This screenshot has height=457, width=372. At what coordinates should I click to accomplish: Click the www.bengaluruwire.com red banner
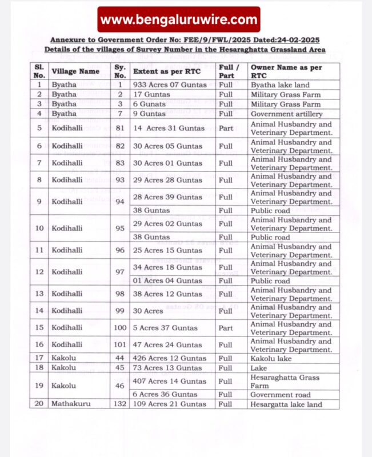pos(179,19)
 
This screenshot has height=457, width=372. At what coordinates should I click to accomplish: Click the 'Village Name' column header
pos(75,71)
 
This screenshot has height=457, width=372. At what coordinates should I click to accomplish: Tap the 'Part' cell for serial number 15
pos(226,328)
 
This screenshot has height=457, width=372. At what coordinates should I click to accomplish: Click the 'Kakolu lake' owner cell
pos(271,358)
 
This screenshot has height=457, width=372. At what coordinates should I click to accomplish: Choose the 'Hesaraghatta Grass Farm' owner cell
pos(284,381)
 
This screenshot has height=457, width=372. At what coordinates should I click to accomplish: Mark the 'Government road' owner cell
pos(279,394)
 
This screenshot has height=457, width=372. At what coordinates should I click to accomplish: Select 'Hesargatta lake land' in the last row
pos(286,404)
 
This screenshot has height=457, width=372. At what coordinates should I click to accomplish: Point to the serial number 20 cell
pos(39,404)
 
